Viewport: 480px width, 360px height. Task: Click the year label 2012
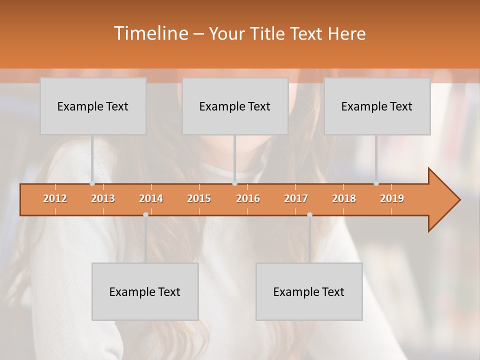[55, 198]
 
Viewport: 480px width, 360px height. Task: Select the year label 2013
[103, 198]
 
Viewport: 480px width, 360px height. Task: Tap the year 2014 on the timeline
[151, 198]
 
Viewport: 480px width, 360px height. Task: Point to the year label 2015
[199, 198]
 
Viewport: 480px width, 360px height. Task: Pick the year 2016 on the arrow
[248, 198]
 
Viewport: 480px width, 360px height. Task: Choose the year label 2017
[296, 198]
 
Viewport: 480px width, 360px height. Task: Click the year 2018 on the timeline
[344, 198]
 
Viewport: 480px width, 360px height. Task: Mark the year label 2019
[392, 198]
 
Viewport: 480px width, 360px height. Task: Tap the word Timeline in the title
[150, 33]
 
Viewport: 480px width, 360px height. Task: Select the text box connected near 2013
[93, 106]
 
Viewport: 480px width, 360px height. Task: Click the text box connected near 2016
[235, 106]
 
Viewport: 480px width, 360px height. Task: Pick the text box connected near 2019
[377, 106]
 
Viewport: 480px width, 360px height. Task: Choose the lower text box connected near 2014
[145, 291]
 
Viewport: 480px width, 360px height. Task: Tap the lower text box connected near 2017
[309, 291]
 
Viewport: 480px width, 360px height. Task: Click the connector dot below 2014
[145, 214]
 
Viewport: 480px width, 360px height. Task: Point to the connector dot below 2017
[309, 214]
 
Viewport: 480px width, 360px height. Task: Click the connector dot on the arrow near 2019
[376, 183]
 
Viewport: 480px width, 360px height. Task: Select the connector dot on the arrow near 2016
[234, 183]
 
